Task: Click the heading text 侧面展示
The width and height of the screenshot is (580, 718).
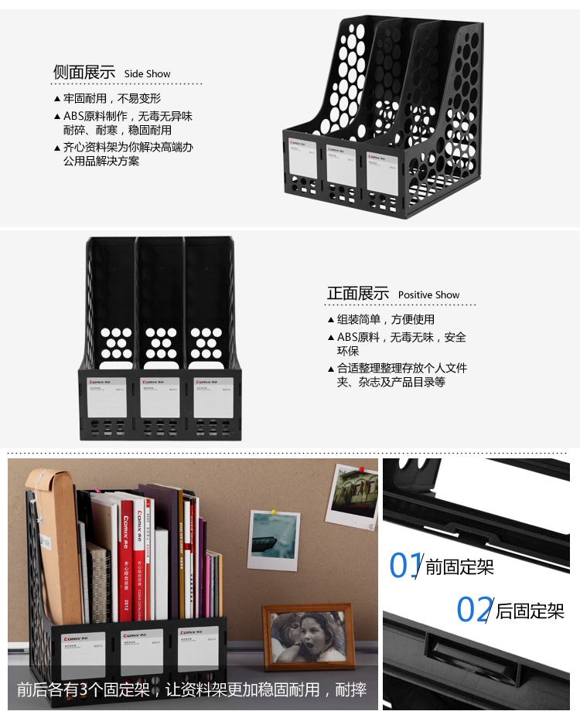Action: (x=84, y=72)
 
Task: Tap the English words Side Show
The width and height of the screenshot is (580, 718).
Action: (x=147, y=74)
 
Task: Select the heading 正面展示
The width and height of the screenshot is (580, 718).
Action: (x=357, y=294)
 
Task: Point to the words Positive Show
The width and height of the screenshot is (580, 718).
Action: (x=428, y=295)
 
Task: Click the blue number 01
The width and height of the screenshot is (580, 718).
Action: (x=405, y=565)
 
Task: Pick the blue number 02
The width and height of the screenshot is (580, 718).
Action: (x=473, y=610)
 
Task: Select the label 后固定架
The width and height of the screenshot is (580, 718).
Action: (x=530, y=611)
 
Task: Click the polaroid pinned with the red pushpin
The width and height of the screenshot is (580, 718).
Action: (x=352, y=495)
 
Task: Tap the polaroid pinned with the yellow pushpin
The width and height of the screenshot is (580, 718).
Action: (x=274, y=540)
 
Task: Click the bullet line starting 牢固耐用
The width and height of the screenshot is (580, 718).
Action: (x=112, y=98)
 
